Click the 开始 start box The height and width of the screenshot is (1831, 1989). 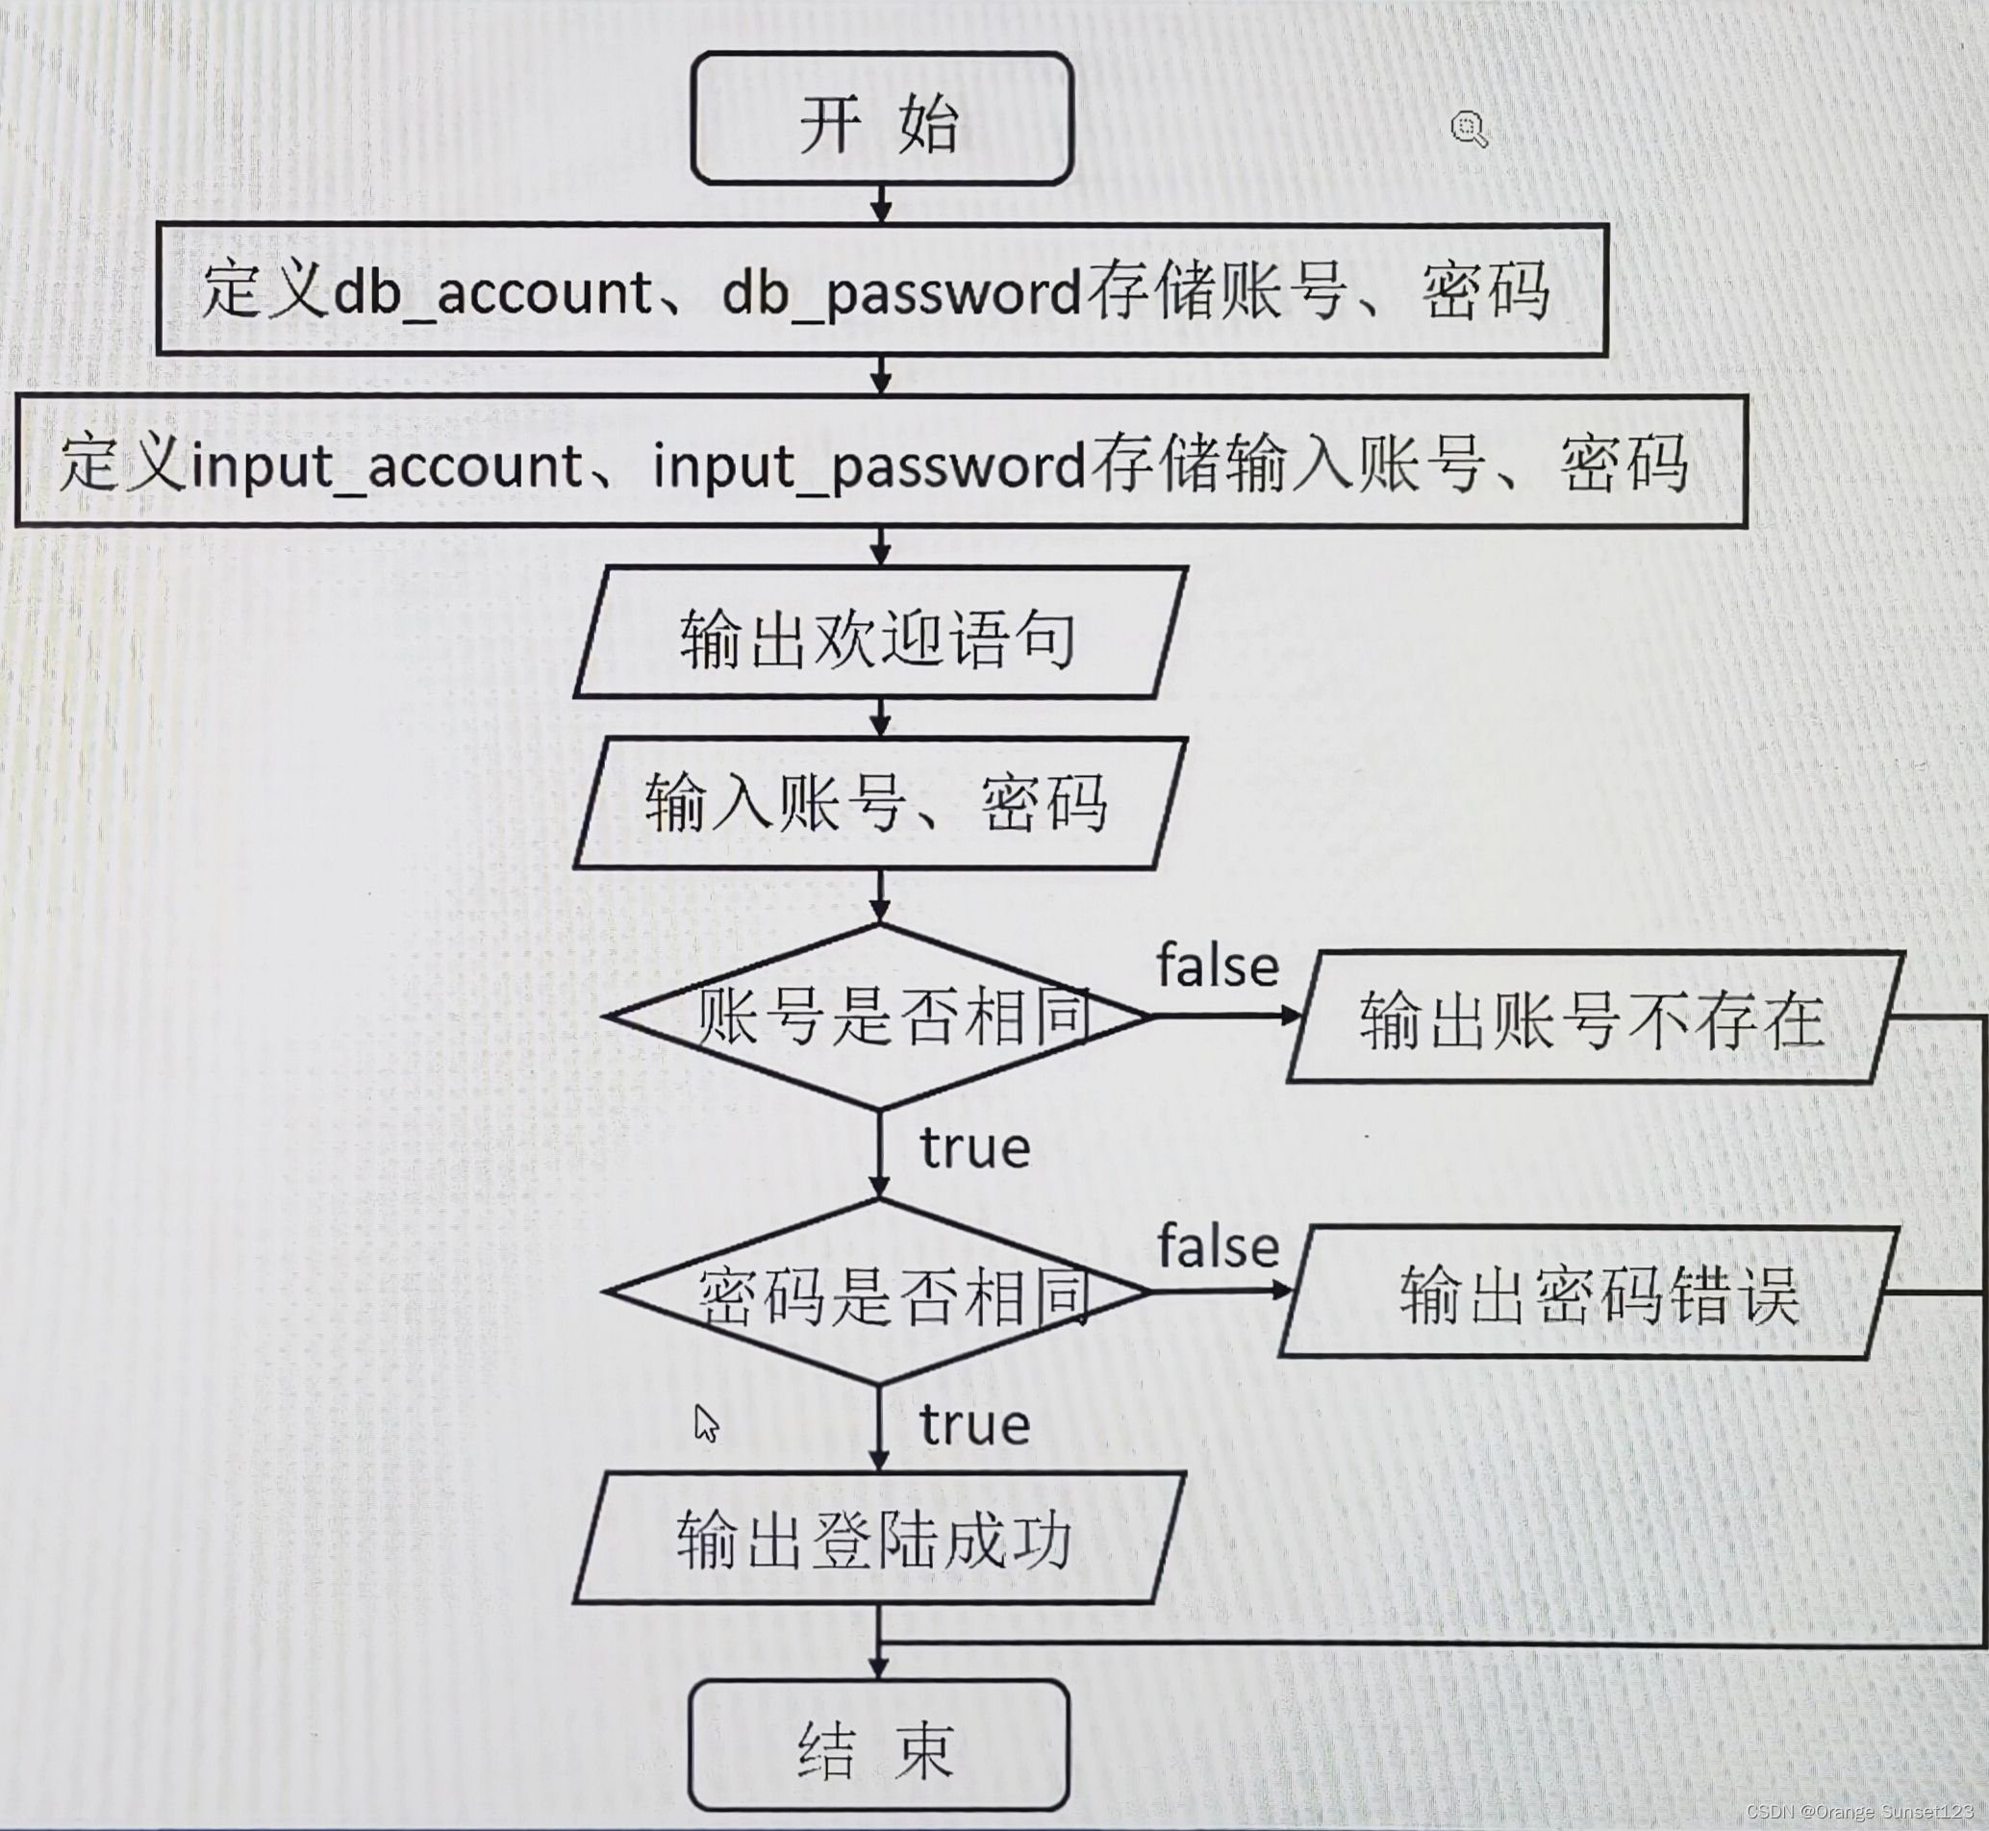pos(881,120)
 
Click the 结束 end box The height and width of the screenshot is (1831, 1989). pos(878,1747)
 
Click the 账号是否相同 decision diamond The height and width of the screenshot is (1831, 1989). pos(878,1016)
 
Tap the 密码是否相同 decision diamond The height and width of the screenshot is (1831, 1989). pos(878,1293)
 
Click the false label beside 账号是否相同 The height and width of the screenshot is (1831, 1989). pos(1218,966)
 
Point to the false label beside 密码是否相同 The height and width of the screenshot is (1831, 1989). pos(1218,1246)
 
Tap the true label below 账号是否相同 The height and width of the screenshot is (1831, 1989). pos(975,1148)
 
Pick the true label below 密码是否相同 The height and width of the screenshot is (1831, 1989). pos(975,1425)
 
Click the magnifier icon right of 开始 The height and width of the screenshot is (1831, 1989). pos(1469,129)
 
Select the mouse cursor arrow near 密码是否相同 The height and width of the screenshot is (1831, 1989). pos(706,1424)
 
